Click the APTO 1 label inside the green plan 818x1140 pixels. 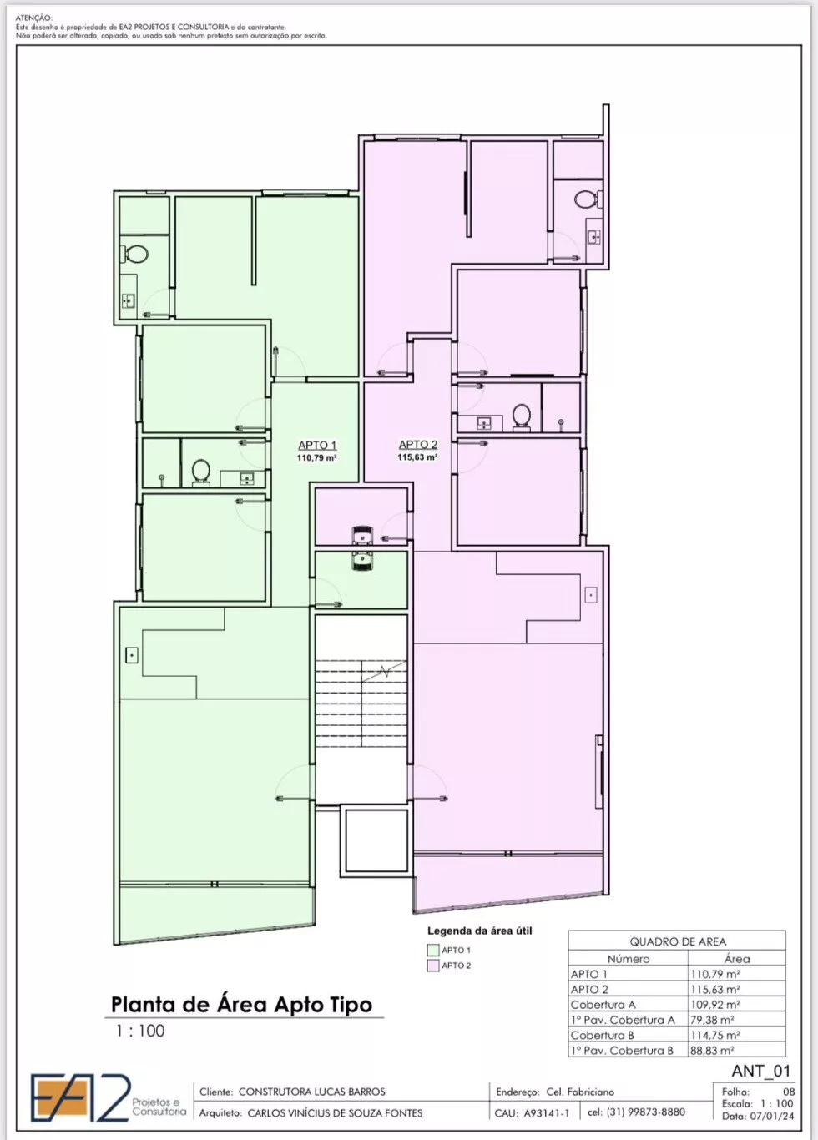click(x=317, y=445)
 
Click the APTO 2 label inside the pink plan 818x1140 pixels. click(x=418, y=445)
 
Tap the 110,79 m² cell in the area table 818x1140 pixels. click(x=714, y=974)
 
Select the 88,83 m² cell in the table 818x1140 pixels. click(x=712, y=1050)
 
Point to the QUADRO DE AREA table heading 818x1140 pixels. click(x=678, y=941)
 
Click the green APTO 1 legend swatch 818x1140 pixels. click(x=433, y=950)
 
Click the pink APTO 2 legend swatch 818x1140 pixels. click(x=433, y=966)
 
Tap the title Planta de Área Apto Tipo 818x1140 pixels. click(x=242, y=1005)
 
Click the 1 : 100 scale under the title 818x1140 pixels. click(x=140, y=1031)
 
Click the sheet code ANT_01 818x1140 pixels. click(x=761, y=1071)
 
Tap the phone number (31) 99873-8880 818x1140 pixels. click(x=645, y=1112)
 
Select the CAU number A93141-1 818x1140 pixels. click(x=547, y=1112)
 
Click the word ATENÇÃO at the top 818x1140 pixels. click(x=33, y=18)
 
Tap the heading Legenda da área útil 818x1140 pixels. click(x=479, y=931)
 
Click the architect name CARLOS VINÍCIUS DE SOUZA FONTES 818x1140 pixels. click(x=335, y=1112)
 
